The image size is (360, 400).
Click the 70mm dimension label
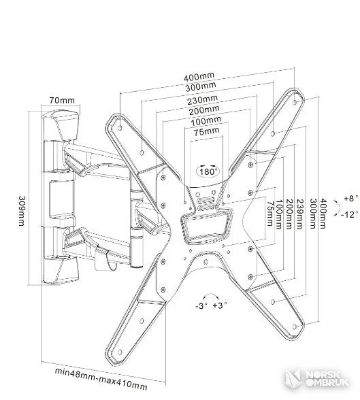62,100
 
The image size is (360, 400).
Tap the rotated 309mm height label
22,211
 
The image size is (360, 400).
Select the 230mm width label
203,100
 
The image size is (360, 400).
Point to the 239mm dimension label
300,214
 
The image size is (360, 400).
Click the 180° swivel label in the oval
208,171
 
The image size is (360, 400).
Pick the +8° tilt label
351,198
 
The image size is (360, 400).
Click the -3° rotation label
201,305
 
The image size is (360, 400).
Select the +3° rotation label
220,305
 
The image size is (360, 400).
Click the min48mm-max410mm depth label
101,380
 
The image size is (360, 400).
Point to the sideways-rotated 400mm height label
323,214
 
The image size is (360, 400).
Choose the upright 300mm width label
201,87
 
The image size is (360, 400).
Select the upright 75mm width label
207,132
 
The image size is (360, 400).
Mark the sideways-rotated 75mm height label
269,214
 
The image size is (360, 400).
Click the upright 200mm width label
204,110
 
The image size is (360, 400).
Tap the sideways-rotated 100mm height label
280,214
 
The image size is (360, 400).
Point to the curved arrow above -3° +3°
210,295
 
